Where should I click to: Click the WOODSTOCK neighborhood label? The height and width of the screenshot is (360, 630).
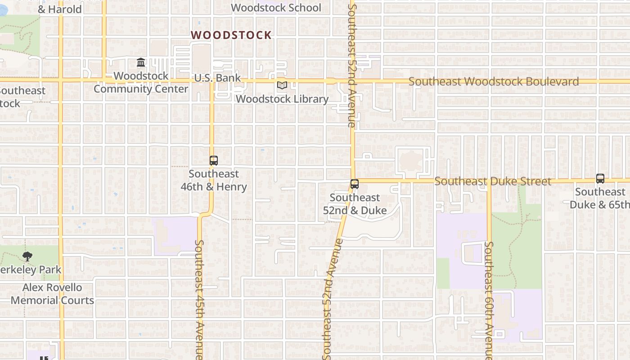click(231, 35)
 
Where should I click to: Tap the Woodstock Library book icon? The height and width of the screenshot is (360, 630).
click(282, 85)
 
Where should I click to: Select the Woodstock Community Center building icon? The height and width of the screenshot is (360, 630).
click(141, 62)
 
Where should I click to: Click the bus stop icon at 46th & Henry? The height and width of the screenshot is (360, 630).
click(214, 160)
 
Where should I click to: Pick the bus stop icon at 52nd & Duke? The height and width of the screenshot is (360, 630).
click(355, 184)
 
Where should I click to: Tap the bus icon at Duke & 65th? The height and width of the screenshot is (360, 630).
click(600, 178)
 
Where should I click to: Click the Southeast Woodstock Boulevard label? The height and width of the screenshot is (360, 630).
click(494, 81)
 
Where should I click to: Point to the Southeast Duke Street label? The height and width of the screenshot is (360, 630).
click(493, 181)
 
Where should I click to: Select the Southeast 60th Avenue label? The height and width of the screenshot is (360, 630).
click(489, 300)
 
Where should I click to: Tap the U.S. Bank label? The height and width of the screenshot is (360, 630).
click(217, 78)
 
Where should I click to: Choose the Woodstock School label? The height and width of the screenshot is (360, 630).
click(276, 8)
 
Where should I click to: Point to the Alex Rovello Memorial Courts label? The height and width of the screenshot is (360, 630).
click(52, 294)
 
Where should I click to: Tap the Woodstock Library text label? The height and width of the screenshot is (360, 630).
click(282, 99)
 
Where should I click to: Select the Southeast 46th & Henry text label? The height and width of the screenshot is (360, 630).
click(214, 180)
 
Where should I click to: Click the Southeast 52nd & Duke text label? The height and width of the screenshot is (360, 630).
click(355, 204)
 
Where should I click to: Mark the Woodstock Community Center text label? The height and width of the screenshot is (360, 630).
click(141, 82)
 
